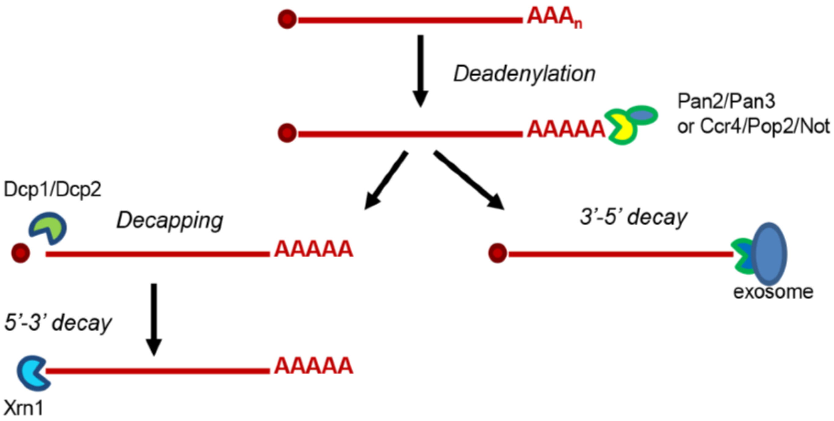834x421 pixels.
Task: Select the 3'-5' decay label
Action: coord(633,218)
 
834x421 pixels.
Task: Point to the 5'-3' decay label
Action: coord(58,323)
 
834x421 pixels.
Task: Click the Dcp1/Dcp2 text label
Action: coord(53,190)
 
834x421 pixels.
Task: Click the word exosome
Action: coord(773,292)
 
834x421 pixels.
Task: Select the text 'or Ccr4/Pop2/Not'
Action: coord(753,126)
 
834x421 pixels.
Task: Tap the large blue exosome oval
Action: coord(769,253)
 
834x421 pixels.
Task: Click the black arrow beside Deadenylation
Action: coord(420,70)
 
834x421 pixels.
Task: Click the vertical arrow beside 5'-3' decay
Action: coord(154,319)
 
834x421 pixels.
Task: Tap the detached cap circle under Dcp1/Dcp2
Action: coord(21,253)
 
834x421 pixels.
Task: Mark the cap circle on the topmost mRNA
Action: coord(287,19)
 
